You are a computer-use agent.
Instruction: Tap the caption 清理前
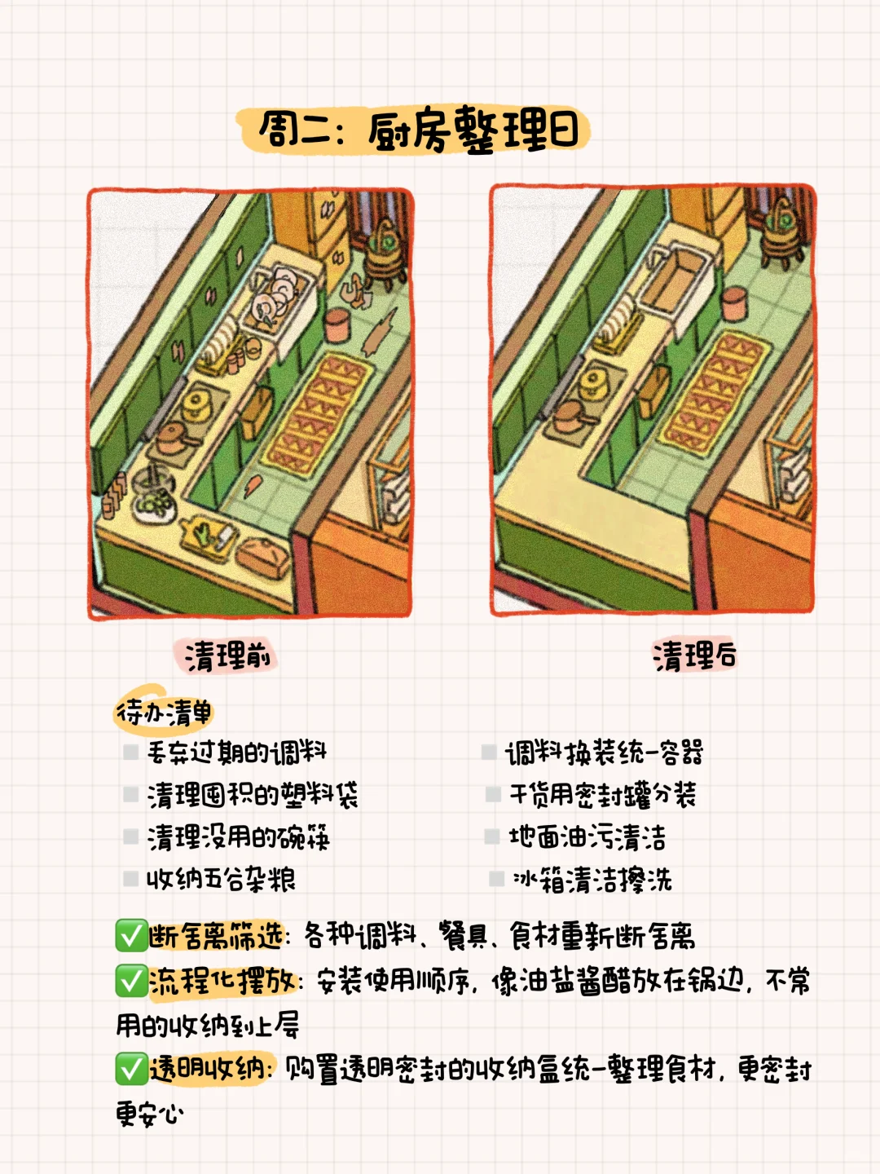(x=227, y=655)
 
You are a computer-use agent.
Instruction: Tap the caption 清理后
(x=694, y=655)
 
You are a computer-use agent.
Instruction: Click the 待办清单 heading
(x=164, y=713)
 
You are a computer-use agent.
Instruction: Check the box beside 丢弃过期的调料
(x=130, y=752)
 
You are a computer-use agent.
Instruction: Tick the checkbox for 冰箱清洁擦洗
(x=496, y=879)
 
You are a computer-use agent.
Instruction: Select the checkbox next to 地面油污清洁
(x=492, y=836)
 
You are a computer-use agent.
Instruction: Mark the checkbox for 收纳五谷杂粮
(x=130, y=879)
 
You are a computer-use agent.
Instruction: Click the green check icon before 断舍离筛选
(x=130, y=936)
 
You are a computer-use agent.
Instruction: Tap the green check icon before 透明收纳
(x=130, y=1068)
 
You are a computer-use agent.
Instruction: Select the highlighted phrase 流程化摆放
(x=222, y=981)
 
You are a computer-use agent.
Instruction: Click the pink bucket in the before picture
(x=337, y=324)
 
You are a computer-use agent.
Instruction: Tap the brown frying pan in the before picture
(x=174, y=439)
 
